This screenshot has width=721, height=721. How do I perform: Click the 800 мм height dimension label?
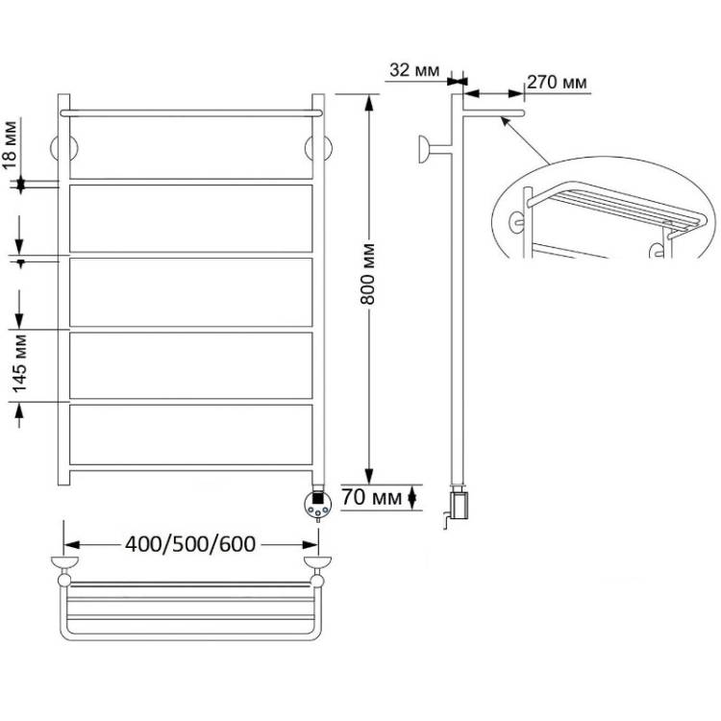(x=368, y=274)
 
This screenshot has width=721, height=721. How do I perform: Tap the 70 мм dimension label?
(x=371, y=497)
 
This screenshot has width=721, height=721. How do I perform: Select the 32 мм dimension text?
(x=414, y=70)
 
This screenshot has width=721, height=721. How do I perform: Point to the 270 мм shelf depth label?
(x=557, y=83)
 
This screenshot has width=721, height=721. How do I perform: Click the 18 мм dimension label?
(x=11, y=145)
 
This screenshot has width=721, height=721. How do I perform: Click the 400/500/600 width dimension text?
(x=190, y=544)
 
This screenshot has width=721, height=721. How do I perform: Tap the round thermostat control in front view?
(x=318, y=504)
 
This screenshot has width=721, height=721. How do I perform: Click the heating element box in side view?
(x=460, y=505)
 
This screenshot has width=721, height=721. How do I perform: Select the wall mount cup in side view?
(x=424, y=149)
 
